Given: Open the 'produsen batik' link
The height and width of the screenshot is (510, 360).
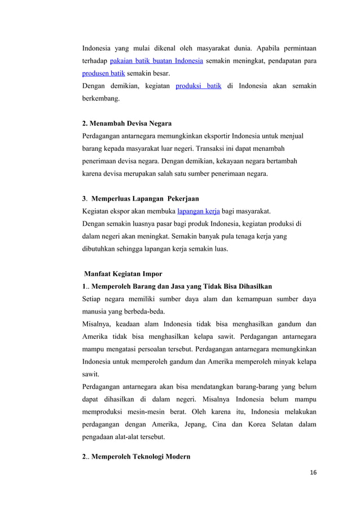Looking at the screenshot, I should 104,74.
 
